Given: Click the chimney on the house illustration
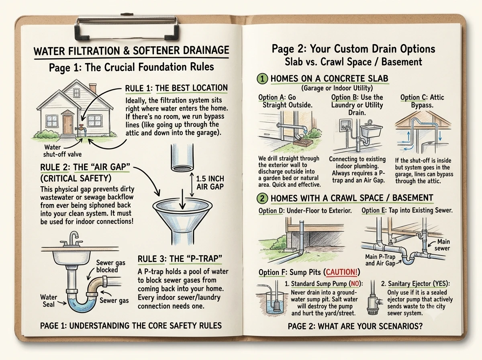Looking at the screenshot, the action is pyautogui.click(x=93, y=88).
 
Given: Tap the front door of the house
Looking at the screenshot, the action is pyautogui.click(x=67, y=125).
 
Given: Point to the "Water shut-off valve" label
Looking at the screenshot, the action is pyautogui.click(x=62, y=151).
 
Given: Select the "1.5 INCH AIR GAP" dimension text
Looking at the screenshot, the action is pyautogui.click(x=210, y=182).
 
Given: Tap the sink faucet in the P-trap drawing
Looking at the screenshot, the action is pyautogui.click(x=73, y=239).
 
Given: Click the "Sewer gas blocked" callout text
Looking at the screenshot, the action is pyautogui.click(x=110, y=266).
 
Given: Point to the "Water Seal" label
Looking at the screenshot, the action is pyautogui.click(x=49, y=301).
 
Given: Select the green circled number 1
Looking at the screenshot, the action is pyautogui.click(x=262, y=79).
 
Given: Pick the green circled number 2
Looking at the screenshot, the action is pyautogui.click(x=262, y=198).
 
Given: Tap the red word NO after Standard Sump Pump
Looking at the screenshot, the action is pyautogui.click(x=355, y=284).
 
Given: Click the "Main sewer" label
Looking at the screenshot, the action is pyautogui.click(x=443, y=245).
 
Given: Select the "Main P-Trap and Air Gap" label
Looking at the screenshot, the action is pyautogui.click(x=380, y=260).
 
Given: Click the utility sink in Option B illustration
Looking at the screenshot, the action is pyautogui.click(x=372, y=130).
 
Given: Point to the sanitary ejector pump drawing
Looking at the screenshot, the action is pyautogui.click(x=373, y=299).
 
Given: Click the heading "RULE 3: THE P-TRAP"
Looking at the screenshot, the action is pyautogui.click(x=180, y=259).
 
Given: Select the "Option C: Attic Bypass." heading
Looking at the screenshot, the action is pyautogui.click(x=422, y=101).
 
